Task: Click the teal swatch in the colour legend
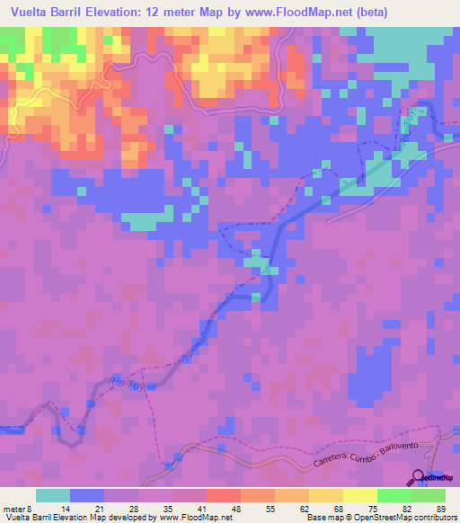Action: point(53,495)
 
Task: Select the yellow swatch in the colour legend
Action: point(359,495)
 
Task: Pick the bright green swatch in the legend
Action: point(394,495)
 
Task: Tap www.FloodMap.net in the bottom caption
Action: point(194,517)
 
